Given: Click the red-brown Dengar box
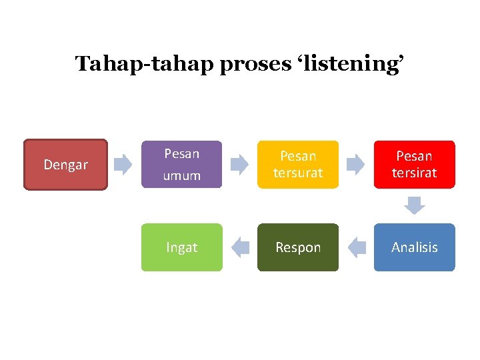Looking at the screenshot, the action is pyautogui.click(x=65, y=165).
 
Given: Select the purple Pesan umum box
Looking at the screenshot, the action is pyautogui.click(x=181, y=164).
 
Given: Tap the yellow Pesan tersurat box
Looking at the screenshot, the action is pyautogui.click(x=298, y=164).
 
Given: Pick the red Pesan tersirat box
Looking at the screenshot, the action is pyautogui.click(x=414, y=164).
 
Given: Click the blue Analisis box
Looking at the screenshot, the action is pyautogui.click(x=414, y=247).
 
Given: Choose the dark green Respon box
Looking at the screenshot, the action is pyautogui.click(x=298, y=247).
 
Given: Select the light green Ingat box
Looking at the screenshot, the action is pyautogui.click(x=181, y=247).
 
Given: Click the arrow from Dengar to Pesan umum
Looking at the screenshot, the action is pyautogui.click(x=123, y=165).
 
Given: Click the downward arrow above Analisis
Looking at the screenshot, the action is pyautogui.click(x=415, y=205).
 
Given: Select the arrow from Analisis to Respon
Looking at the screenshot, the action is pyautogui.click(x=357, y=247).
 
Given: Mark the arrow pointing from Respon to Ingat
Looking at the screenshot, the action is pyautogui.click(x=240, y=247).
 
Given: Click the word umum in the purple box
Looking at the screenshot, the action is pyautogui.click(x=181, y=175).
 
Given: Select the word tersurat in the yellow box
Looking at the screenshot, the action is pyautogui.click(x=298, y=173).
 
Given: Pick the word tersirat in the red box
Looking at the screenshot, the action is pyautogui.click(x=414, y=173).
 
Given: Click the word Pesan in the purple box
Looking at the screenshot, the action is pyautogui.click(x=181, y=154).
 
